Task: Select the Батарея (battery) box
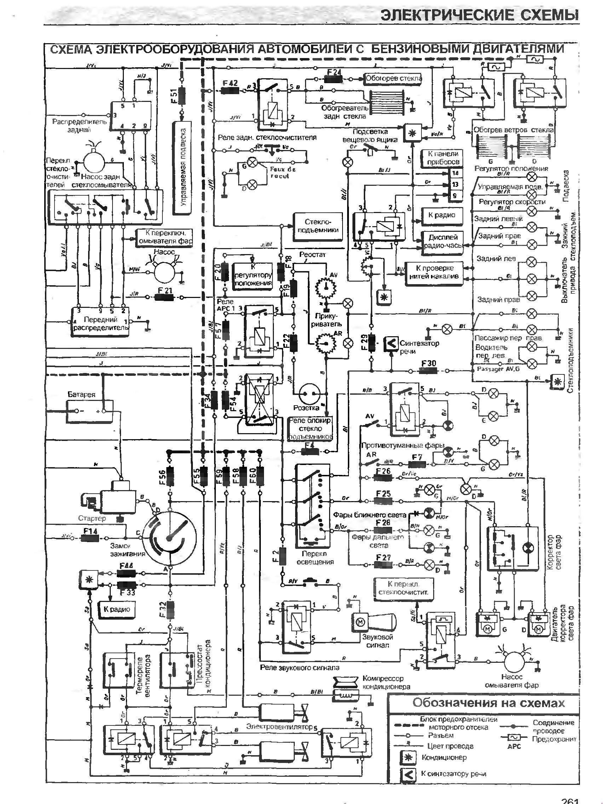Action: [90, 411]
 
